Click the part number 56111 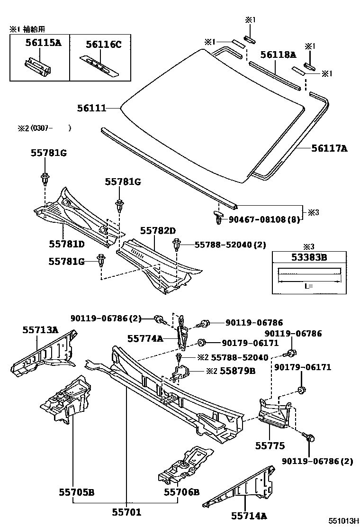tap(91, 109)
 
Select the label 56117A tap(329, 148)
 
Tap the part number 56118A tap(278, 55)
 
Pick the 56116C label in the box tap(104, 45)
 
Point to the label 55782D tap(158, 231)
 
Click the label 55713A tap(40, 330)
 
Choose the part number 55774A tap(144, 338)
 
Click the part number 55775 tap(270, 446)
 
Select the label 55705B tap(76, 492)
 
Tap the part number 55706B tap(182, 492)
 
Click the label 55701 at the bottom tap(126, 512)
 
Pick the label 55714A tap(249, 515)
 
